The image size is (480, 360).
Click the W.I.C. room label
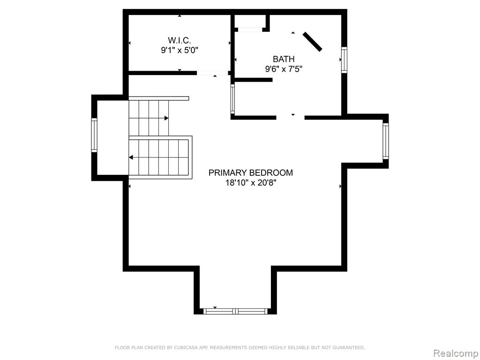pos(180,40)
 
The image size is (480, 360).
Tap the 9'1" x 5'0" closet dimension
pos(180,50)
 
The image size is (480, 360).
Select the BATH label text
pos(284,59)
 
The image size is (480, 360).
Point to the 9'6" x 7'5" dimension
pos(284,69)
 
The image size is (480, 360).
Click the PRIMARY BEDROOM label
pos(251,172)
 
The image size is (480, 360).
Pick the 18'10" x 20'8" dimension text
pos(251,183)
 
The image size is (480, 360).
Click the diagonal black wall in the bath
pos(313,42)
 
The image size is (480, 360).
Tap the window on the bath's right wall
pos(345,60)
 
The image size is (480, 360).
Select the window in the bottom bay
pos(235,312)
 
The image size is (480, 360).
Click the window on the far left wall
pos(94,135)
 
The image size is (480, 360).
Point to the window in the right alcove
pos(386,141)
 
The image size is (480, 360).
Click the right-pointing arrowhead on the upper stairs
pos(166,118)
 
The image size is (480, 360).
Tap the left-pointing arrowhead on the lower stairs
pos(131,157)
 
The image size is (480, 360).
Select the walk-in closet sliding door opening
pos(212,73)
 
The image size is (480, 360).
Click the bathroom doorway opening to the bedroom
pos(291,118)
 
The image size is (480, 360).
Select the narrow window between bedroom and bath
pos(232,99)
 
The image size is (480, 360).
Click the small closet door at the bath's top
pos(250,30)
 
